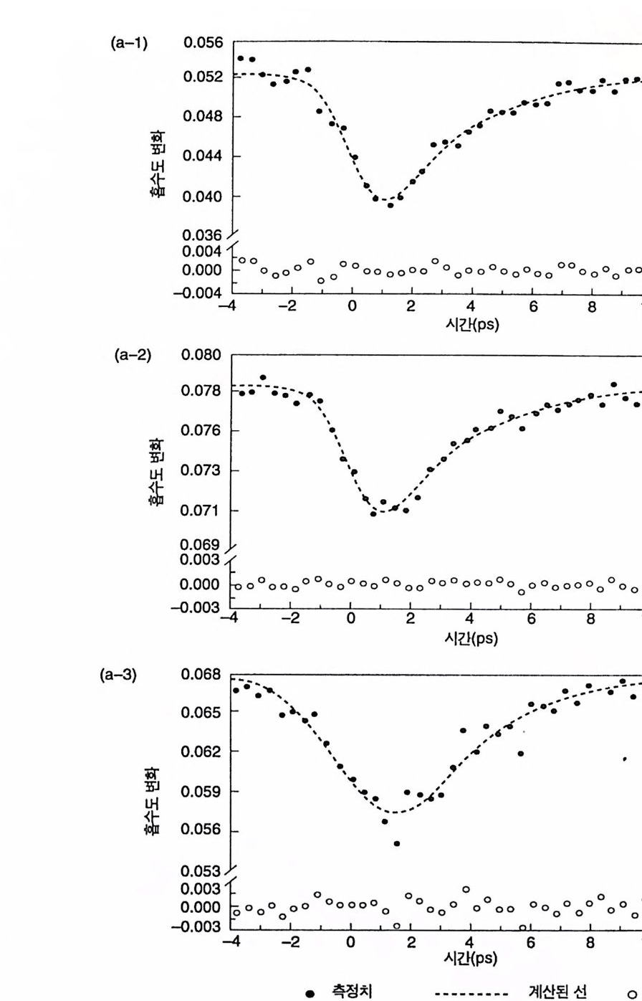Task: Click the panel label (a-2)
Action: coord(133,356)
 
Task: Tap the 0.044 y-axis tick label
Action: coord(203,156)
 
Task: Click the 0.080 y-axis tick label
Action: coord(203,356)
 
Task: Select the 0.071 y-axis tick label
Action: coord(203,511)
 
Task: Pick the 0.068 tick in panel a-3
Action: coord(203,677)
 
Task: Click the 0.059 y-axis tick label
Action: coord(203,792)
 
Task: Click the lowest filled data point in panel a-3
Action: coord(396,843)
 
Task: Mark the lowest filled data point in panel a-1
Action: coord(391,206)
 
